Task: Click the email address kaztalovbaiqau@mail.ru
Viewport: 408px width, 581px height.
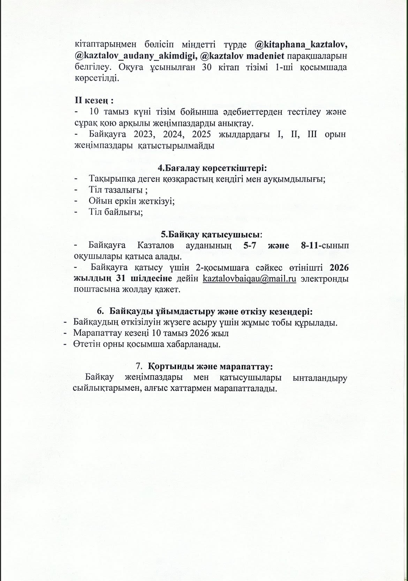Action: pyautogui.click(x=249, y=279)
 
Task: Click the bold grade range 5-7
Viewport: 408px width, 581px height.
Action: pyautogui.click(x=249, y=245)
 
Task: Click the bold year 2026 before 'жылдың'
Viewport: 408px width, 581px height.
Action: pyautogui.click(x=339, y=268)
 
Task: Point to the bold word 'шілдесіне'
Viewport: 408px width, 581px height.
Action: pyautogui.click(x=151, y=279)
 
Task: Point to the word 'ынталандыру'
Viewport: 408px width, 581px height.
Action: pyautogui.click(x=320, y=378)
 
